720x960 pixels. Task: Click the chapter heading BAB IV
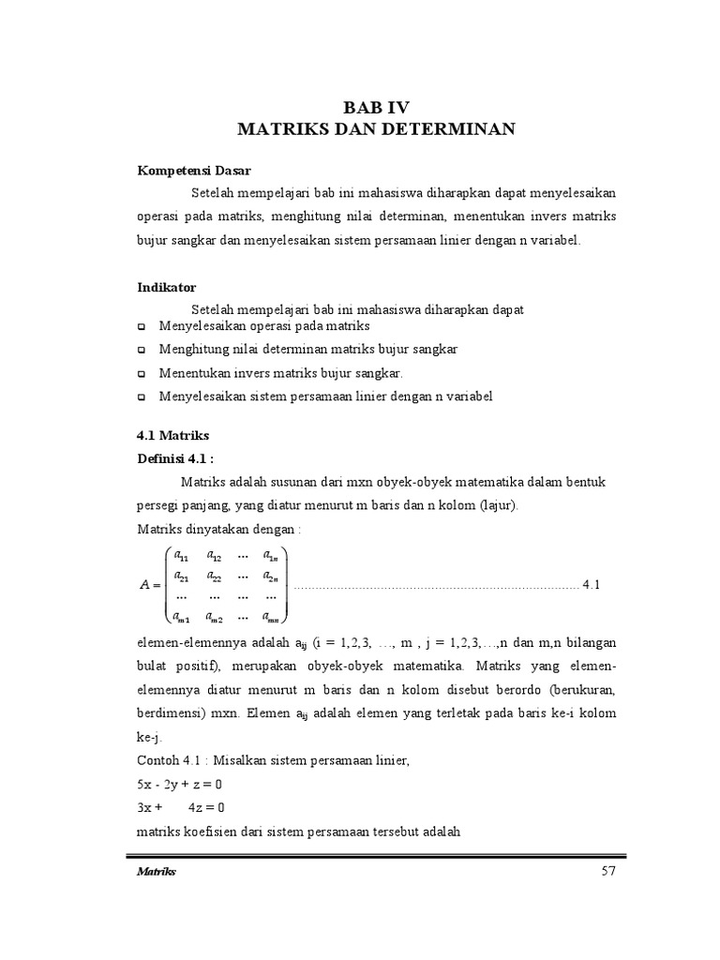click(376, 107)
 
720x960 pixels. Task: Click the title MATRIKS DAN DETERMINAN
click(376, 128)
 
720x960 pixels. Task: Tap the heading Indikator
click(167, 287)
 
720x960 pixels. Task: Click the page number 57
click(607, 872)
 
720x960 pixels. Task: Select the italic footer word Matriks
click(157, 873)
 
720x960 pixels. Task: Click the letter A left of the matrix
click(144, 586)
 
